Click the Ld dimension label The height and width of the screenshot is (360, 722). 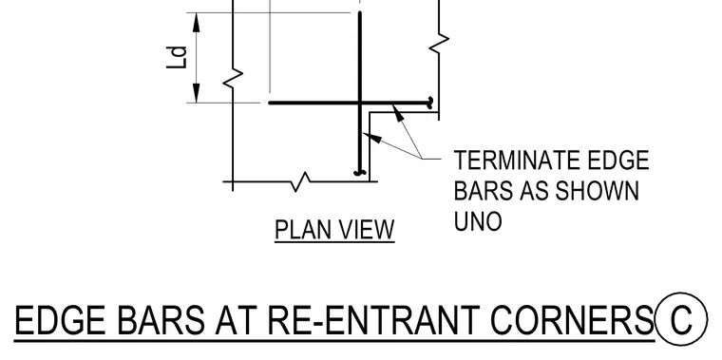click(178, 57)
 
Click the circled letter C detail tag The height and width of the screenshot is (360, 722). click(681, 318)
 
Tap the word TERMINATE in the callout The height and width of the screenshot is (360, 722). click(517, 161)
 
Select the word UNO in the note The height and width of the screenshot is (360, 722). click(478, 221)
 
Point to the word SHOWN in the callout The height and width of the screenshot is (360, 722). click(598, 191)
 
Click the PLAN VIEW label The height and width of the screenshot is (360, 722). click(334, 229)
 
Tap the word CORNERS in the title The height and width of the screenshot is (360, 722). click(572, 320)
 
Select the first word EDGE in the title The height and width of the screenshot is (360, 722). click(60, 320)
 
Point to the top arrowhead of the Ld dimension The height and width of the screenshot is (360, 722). click(197, 23)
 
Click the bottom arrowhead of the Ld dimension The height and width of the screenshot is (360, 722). click(197, 93)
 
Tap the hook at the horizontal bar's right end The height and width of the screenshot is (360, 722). click(430, 104)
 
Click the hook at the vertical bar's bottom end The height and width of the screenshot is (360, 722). click(360, 173)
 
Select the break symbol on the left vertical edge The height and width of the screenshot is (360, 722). click(233, 78)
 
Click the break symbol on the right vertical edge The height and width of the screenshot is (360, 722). click(439, 43)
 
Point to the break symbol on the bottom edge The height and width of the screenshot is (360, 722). click(301, 181)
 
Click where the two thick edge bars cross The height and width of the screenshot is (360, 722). click(360, 103)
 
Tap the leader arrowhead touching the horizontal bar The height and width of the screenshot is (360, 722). click(398, 113)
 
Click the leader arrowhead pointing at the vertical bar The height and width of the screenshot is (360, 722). click(372, 137)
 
